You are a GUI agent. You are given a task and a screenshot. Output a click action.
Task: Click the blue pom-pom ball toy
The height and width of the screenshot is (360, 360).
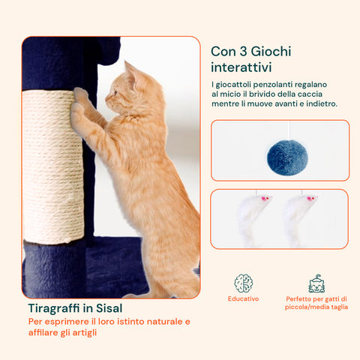coord(287,157)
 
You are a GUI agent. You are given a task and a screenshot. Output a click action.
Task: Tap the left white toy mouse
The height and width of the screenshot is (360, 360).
coord(252,219)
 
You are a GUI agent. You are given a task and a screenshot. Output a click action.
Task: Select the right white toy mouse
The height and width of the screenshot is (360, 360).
coord(298,219)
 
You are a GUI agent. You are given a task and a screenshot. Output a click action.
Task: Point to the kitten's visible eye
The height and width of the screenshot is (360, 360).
coord(115,93)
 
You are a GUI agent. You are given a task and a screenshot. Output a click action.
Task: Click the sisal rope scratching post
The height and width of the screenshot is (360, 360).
coord(53,166)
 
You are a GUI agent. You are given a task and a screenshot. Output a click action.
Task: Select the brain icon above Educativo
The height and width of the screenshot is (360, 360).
coord(244,283)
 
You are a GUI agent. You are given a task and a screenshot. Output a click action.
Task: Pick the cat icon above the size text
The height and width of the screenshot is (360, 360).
coord(316,283)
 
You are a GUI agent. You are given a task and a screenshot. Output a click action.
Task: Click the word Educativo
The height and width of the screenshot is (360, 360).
coord(244,298)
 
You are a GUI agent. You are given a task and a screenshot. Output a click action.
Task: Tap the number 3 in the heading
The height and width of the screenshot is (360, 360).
coord(243,52)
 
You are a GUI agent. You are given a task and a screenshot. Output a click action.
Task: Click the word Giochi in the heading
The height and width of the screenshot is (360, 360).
coord(271,52)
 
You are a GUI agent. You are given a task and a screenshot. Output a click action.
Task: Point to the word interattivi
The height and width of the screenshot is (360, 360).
coord(241,67)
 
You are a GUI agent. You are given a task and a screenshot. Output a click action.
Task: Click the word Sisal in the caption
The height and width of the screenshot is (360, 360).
coord(109,308)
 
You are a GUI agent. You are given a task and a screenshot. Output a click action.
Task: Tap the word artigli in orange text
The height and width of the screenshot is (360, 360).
coord(85,333)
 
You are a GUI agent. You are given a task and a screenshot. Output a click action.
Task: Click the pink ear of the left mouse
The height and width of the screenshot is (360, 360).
coord(263,199)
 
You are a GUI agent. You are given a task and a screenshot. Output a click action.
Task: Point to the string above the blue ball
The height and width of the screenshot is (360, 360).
coord(289,130)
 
